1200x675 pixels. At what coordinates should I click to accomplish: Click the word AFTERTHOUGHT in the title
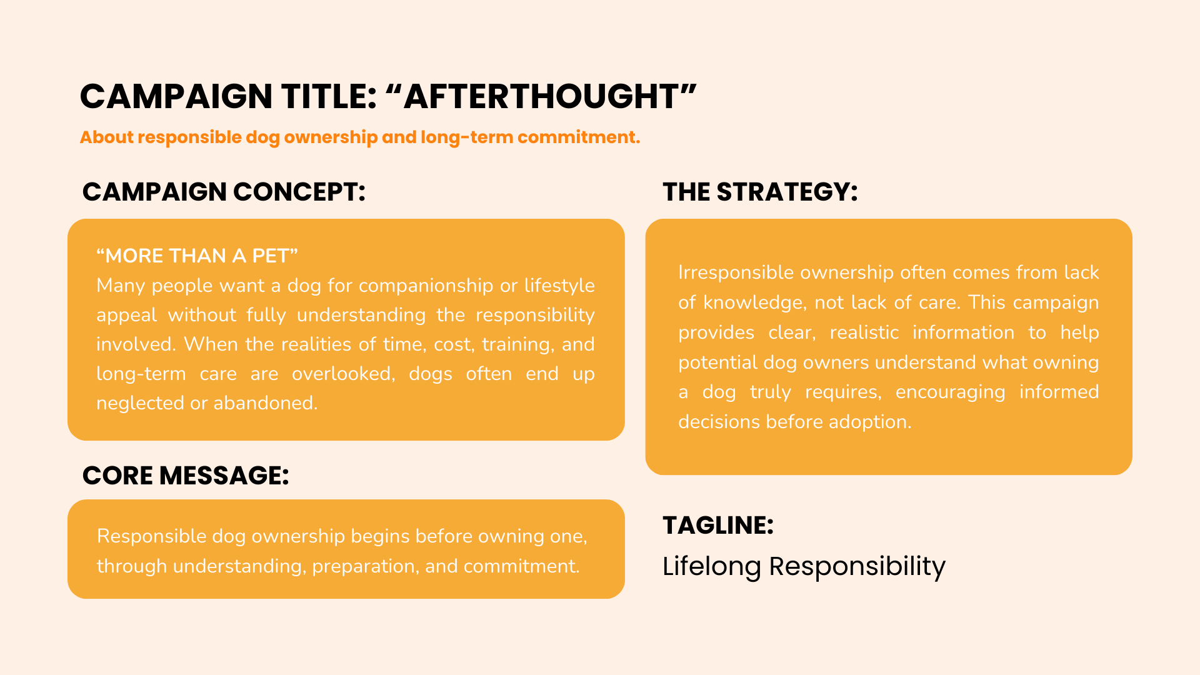click(x=541, y=97)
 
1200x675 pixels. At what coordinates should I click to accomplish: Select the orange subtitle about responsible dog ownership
click(x=360, y=137)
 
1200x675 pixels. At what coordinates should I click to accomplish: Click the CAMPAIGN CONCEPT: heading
click(x=224, y=192)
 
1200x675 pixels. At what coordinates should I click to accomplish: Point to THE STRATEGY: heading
click(x=760, y=192)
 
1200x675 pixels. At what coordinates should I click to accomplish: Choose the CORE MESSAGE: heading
click(x=186, y=476)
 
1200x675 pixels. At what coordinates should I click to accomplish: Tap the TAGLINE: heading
click(x=718, y=526)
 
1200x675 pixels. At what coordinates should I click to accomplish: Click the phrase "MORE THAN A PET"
click(x=197, y=256)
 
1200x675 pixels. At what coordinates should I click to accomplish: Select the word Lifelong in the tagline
click(x=711, y=567)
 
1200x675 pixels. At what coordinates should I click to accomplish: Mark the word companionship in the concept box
click(x=426, y=286)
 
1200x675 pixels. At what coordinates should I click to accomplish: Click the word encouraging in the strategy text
click(x=950, y=392)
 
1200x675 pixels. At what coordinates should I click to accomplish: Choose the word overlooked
click(x=343, y=374)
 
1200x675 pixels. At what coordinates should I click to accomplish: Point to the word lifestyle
click(x=559, y=286)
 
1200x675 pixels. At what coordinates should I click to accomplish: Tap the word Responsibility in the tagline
click(x=857, y=567)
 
